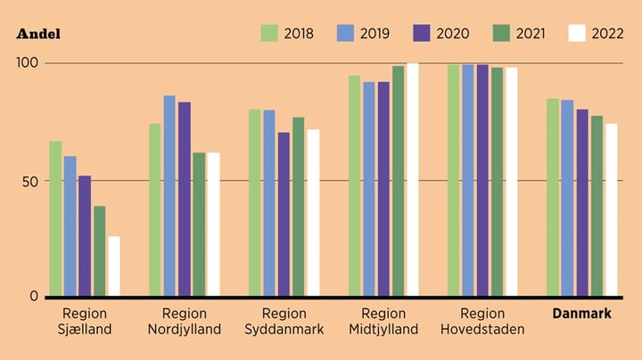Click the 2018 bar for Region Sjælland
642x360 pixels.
(x=55, y=218)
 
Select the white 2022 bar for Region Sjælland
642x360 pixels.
(x=114, y=266)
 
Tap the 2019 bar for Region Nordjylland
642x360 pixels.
(x=169, y=195)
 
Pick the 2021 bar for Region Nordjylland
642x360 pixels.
(x=199, y=224)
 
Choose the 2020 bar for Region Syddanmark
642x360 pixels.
(x=284, y=214)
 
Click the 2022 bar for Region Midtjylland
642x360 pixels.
(x=413, y=179)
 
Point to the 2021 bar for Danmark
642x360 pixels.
(x=597, y=206)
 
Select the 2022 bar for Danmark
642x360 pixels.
(x=611, y=209)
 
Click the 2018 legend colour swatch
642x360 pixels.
(x=269, y=33)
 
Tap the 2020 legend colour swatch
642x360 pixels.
(x=423, y=33)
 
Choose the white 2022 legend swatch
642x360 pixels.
(x=577, y=33)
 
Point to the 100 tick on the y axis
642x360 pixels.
(x=29, y=63)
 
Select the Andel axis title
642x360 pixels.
(x=38, y=35)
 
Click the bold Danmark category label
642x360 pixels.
(x=581, y=314)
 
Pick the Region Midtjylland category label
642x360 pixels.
(x=384, y=321)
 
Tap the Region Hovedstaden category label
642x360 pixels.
(x=482, y=321)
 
